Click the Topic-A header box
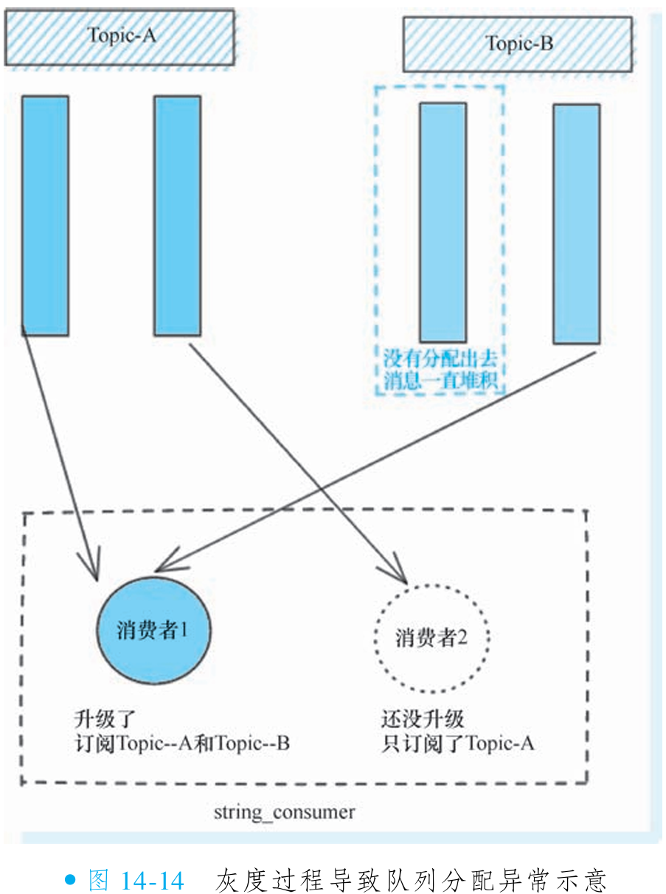click(119, 37)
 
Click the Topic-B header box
click(518, 44)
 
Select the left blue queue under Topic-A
click(45, 215)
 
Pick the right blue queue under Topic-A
click(177, 215)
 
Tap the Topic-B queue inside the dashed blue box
click(443, 222)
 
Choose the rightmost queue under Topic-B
click(576, 223)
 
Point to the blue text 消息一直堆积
click(440, 381)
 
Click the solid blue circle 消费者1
click(153, 631)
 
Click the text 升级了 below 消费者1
click(105, 719)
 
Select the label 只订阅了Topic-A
click(457, 744)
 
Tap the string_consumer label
click(284, 813)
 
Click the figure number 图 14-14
click(136, 880)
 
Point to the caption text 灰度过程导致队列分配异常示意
click(411, 880)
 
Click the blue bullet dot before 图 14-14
click(71, 880)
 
